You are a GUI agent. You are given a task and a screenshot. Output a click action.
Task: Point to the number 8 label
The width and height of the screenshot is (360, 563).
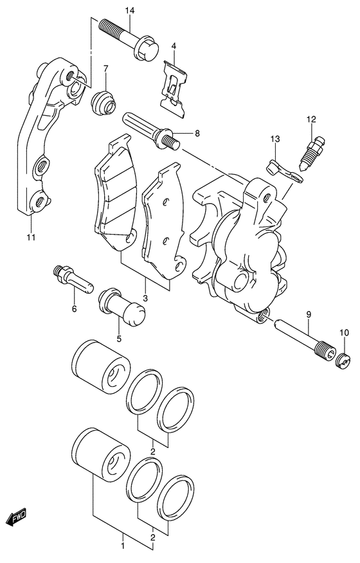point(197,134)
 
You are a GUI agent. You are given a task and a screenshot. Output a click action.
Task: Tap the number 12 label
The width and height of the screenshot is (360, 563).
point(311,119)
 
